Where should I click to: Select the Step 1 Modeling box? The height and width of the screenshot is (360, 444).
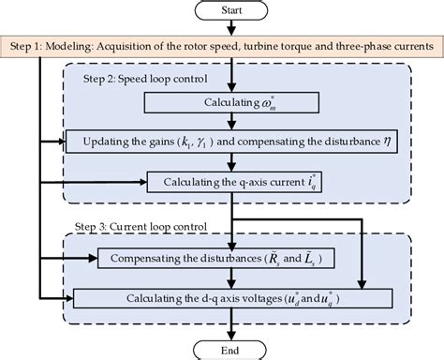coord(222,44)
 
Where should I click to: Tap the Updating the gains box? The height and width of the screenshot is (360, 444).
coord(222,142)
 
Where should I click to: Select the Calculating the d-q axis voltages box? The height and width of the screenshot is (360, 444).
coord(222,298)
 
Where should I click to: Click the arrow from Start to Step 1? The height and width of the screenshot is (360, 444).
coord(222,28)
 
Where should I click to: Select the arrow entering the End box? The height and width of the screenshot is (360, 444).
coord(222,328)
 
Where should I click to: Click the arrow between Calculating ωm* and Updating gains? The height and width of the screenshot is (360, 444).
coord(222,121)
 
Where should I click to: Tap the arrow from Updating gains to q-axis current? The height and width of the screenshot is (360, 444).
coord(222,162)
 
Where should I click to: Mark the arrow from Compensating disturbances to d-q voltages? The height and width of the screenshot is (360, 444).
coord(222,278)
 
